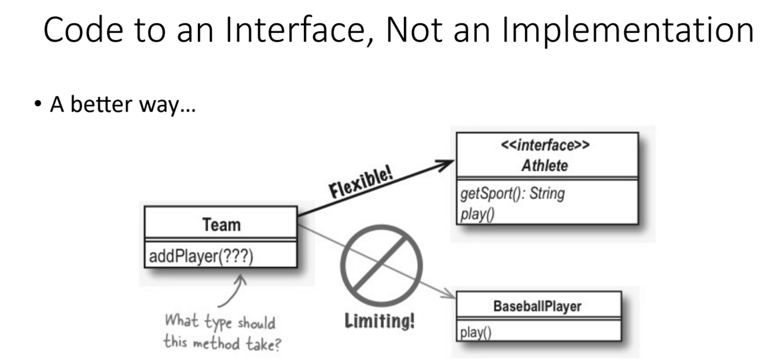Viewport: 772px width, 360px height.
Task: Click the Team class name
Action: point(220,225)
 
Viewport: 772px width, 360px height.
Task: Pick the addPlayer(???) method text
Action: point(203,255)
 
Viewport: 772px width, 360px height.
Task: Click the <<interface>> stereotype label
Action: point(546,146)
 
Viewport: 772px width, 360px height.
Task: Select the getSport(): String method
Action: point(512,194)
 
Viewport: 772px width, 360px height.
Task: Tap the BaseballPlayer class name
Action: point(539,307)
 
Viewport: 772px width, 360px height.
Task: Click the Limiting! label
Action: point(380,320)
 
